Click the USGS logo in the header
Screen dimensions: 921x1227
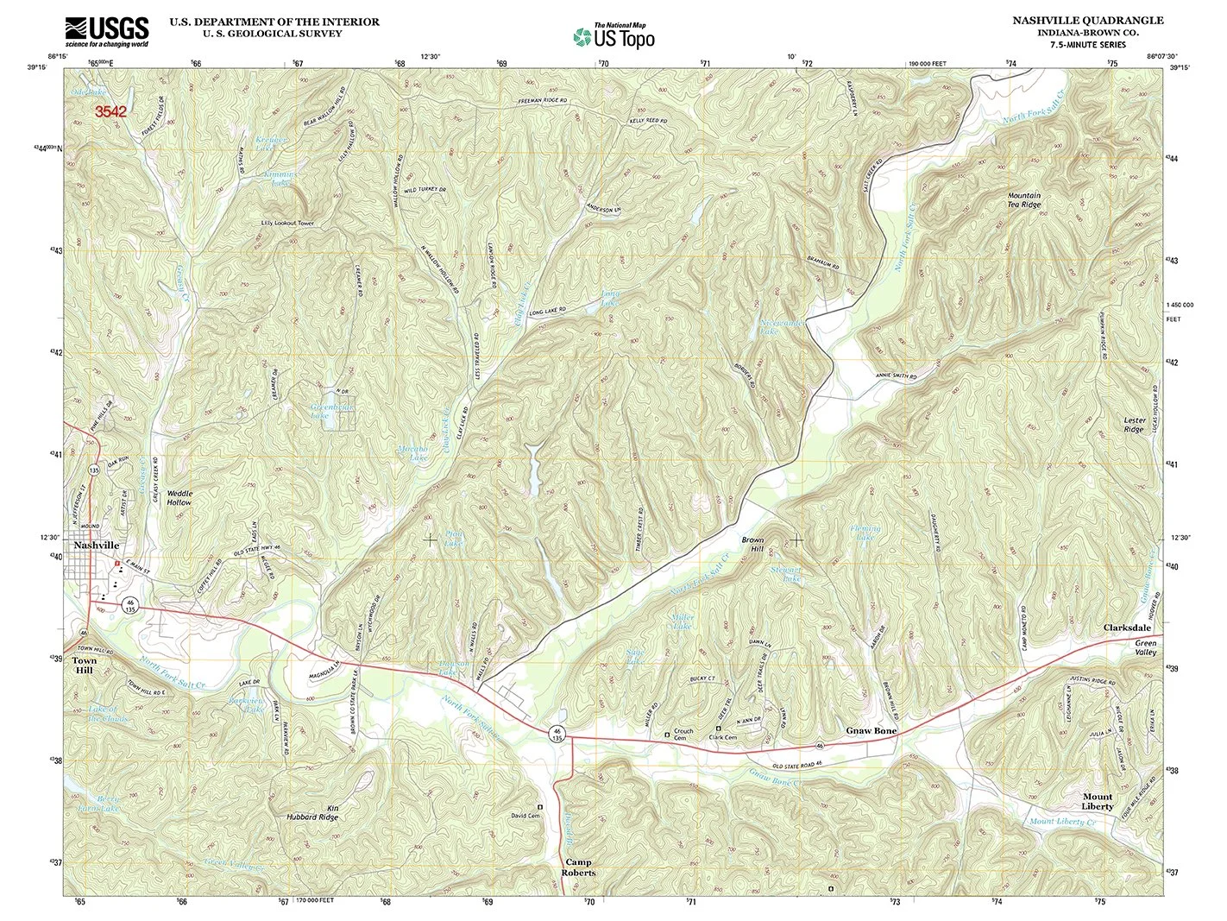point(107,32)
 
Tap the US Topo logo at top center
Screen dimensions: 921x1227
point(614,36)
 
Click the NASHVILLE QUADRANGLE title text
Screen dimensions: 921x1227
point(1087,20)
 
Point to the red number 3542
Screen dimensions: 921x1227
point(110,111)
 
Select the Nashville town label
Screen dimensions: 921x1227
point(97,546)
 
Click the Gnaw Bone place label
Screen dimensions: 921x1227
point(871,730)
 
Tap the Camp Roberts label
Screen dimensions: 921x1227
point(580,867)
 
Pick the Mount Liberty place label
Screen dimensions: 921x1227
point(1098,801)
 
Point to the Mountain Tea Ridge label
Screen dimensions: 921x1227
point(1024,200)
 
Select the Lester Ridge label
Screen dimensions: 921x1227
point(1134,425)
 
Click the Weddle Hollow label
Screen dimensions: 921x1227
point(179,497)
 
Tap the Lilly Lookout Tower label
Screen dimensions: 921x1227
point(288,223)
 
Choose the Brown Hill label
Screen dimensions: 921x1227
point(752,544)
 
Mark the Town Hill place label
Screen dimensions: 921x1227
point(85,665)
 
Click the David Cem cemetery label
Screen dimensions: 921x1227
point(525,815)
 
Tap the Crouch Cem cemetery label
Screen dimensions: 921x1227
point(683,734)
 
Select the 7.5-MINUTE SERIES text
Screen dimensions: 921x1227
point(1087,44)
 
